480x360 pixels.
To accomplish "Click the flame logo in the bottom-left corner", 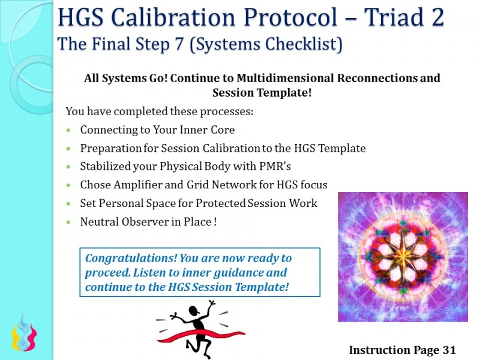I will (x=23, y=336).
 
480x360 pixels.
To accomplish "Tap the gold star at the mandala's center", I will (x=402, y=256).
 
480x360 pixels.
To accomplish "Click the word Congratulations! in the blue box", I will (x=124, y=258).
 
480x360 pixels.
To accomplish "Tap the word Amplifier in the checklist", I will (x=136, y=185).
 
